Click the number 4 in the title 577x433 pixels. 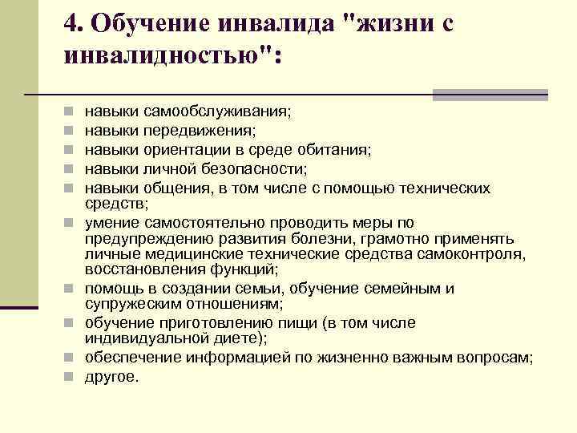coord(70,25)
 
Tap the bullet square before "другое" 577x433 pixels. coord(71,374)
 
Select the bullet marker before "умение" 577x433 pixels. coord(71,223)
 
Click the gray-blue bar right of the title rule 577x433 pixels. coord(490,95)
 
